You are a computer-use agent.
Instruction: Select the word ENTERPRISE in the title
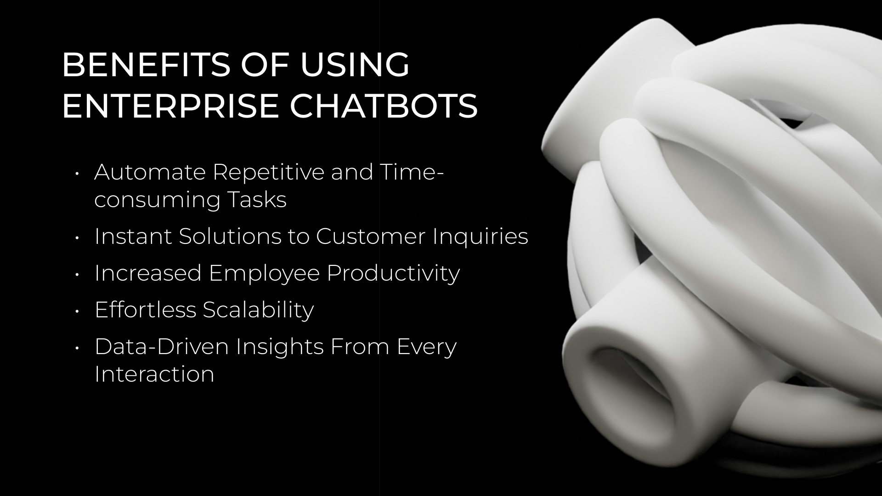[x=170, y=106]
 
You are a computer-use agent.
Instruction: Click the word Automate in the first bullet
[x=150, y=172]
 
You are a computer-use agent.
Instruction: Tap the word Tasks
[x=257, y=200]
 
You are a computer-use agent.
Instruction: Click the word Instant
[x=133, y=236]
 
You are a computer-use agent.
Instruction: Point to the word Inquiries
[x=481, y=236]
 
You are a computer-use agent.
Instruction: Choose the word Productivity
[x=393, y=273]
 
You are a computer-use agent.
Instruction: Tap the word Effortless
[x=145, y=310]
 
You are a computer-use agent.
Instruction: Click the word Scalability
[x=258, y=310]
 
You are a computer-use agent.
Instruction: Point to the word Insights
[x=279, y=346]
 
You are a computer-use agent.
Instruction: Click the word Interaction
[x=154, y=374]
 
